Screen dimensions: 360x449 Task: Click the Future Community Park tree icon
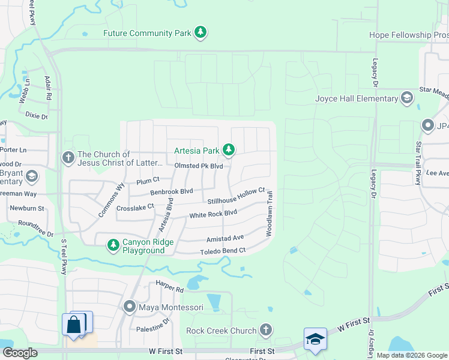tap(202, 32)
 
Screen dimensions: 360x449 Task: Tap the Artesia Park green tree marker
tap(228, 149)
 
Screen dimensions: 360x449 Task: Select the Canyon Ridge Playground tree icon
tap(113, 245)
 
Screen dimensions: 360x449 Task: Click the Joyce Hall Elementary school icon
tap(407, 98)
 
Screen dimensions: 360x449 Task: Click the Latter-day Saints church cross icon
tap(67, 158)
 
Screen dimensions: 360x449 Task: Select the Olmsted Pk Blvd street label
tap(199, 166)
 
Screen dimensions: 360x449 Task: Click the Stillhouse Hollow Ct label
tap(237, 196)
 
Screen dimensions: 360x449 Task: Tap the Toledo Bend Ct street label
tap(223, 251)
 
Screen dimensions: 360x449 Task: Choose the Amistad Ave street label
tap(225, 238)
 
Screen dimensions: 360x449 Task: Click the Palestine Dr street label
tap(149, 328)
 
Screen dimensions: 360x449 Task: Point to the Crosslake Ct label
tap(135, 206)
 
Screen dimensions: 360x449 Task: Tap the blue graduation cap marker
tap(315, 338)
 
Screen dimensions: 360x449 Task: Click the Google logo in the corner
tap(20, 353)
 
